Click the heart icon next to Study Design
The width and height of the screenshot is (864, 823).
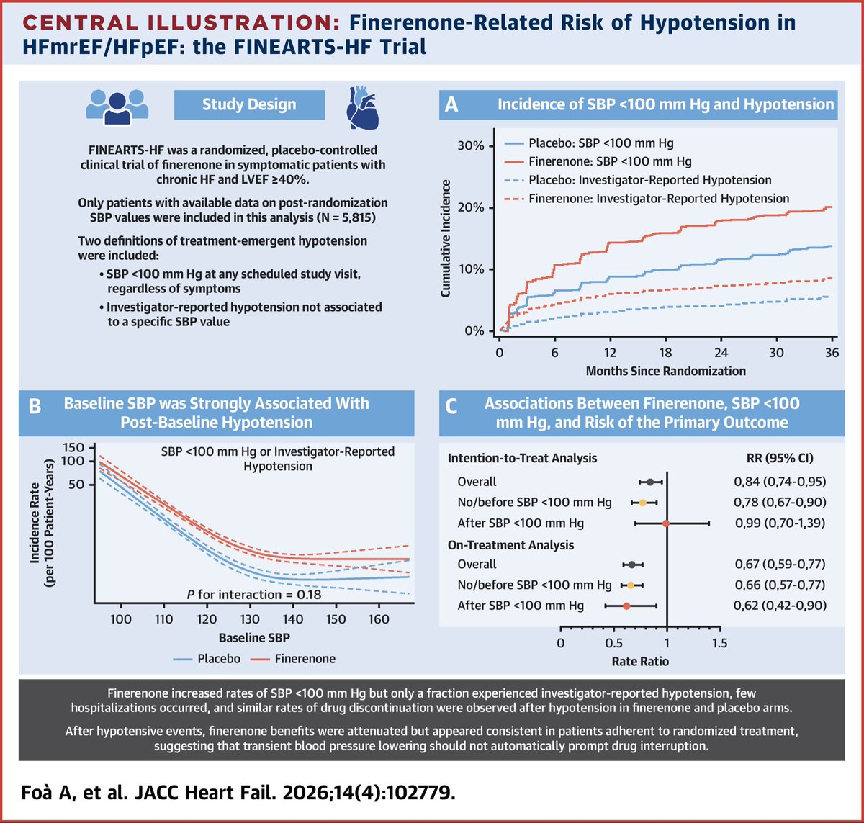tap(362, 105)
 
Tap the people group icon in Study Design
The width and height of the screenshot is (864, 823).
tap(117, 105)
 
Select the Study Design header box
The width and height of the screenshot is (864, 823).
tap(249, 105)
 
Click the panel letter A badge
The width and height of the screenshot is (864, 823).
tap(451, 105)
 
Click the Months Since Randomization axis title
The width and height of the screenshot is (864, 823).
tap(665, 372)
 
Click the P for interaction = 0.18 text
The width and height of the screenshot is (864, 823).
tap(250, 594)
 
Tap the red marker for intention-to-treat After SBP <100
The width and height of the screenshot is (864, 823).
tap(666, 523)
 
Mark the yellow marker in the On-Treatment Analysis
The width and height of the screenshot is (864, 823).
tap(631, 585)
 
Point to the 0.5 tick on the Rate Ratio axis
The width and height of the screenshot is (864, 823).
tap(613, 643)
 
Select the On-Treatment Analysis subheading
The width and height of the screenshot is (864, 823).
tap(510, 545)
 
